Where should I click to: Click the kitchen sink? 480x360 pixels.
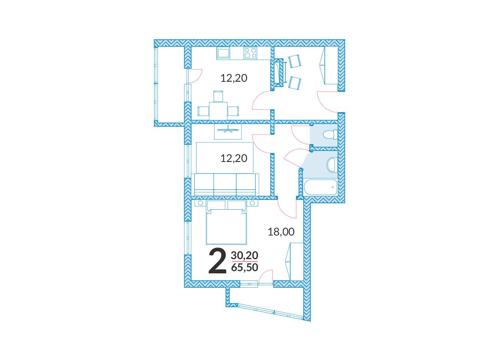[223, 53]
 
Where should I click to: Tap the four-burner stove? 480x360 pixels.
[250, 53]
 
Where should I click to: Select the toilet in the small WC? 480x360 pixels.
[330, 135]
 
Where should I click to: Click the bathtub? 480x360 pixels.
[320, 187]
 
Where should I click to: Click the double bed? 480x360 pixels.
[226, 226]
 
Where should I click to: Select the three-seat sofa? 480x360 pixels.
[225, 184]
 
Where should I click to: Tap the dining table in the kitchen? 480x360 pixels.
[218, 111]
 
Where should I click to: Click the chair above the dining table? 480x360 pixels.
[218, 96]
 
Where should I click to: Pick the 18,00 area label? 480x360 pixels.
[281, 232]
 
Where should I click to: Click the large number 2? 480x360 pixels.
[217, 262]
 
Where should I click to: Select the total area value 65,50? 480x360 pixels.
[244, 267]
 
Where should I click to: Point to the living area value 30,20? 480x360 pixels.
[244, 255]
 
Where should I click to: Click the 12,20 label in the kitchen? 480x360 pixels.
[234, 78]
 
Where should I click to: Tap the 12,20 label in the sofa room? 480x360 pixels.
[234, 158]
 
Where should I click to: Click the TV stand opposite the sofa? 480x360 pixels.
[228, 132]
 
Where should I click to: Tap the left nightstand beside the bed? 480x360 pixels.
[200, 203]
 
